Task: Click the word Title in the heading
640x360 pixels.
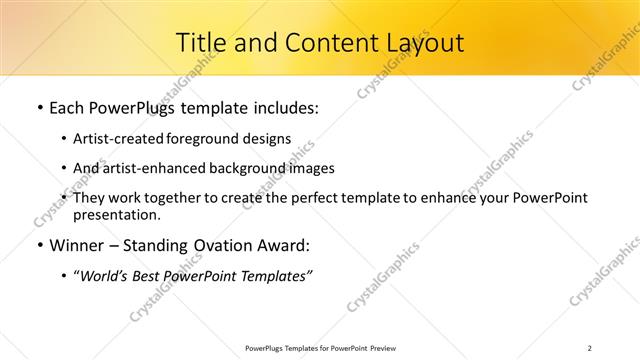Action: [200, 43]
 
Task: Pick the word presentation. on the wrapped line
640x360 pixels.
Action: [116, 214]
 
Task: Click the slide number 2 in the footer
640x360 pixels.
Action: [590, 347]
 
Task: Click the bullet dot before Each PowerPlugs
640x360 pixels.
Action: [39, 108]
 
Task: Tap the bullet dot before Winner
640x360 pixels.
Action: [39, 245]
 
